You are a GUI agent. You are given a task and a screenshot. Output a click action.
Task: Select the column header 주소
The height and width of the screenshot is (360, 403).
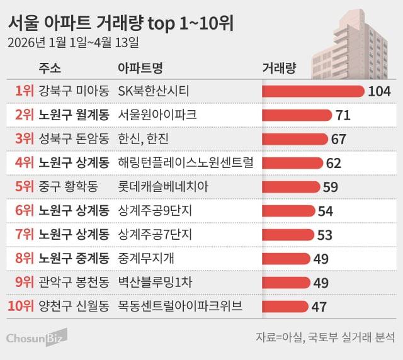50,68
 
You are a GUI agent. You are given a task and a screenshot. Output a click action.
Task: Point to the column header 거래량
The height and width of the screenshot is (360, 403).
278,68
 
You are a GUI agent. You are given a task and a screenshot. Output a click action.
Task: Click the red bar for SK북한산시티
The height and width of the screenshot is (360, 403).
312,91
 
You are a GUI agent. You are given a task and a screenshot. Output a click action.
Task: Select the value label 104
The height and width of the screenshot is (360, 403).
380,91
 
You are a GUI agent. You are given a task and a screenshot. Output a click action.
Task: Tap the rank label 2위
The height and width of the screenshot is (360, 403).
23,115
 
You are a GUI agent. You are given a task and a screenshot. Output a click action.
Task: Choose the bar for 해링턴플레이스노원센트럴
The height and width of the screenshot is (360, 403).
292,163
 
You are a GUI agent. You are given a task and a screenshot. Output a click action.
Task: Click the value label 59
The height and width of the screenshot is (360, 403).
330,187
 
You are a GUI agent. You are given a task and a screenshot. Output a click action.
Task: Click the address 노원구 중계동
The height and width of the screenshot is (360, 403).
74,259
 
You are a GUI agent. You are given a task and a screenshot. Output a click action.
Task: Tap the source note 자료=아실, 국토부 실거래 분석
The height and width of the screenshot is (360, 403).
325,337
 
